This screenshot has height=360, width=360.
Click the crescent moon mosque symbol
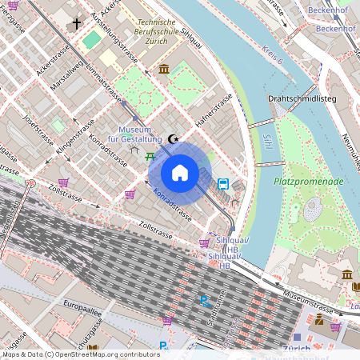click(174, 139)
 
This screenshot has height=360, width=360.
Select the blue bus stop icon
click(224, 183)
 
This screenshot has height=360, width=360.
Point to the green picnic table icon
click(150, 154)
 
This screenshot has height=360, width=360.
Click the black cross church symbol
click(77, 24)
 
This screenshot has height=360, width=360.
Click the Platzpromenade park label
click(309, 182)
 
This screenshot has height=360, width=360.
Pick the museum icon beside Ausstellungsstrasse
click(164, 70)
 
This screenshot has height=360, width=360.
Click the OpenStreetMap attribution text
click(81, 354)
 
